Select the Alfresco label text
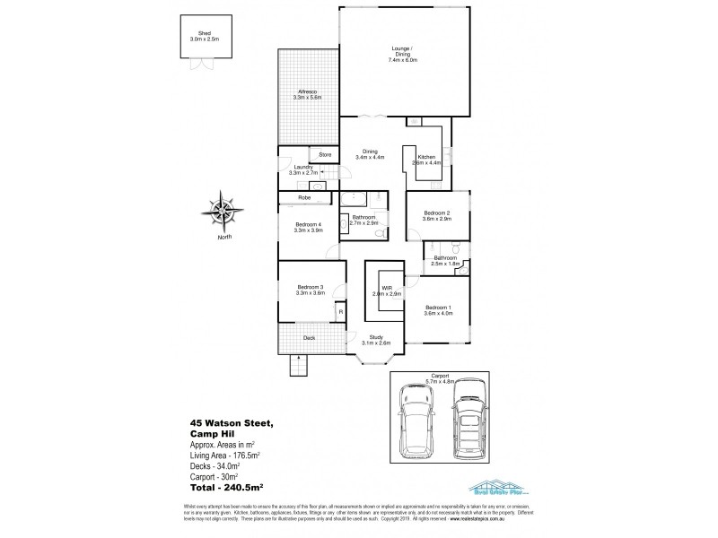307,94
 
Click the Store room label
325,155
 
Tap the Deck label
309,338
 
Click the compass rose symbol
223,212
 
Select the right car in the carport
469,420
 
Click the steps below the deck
297,366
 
